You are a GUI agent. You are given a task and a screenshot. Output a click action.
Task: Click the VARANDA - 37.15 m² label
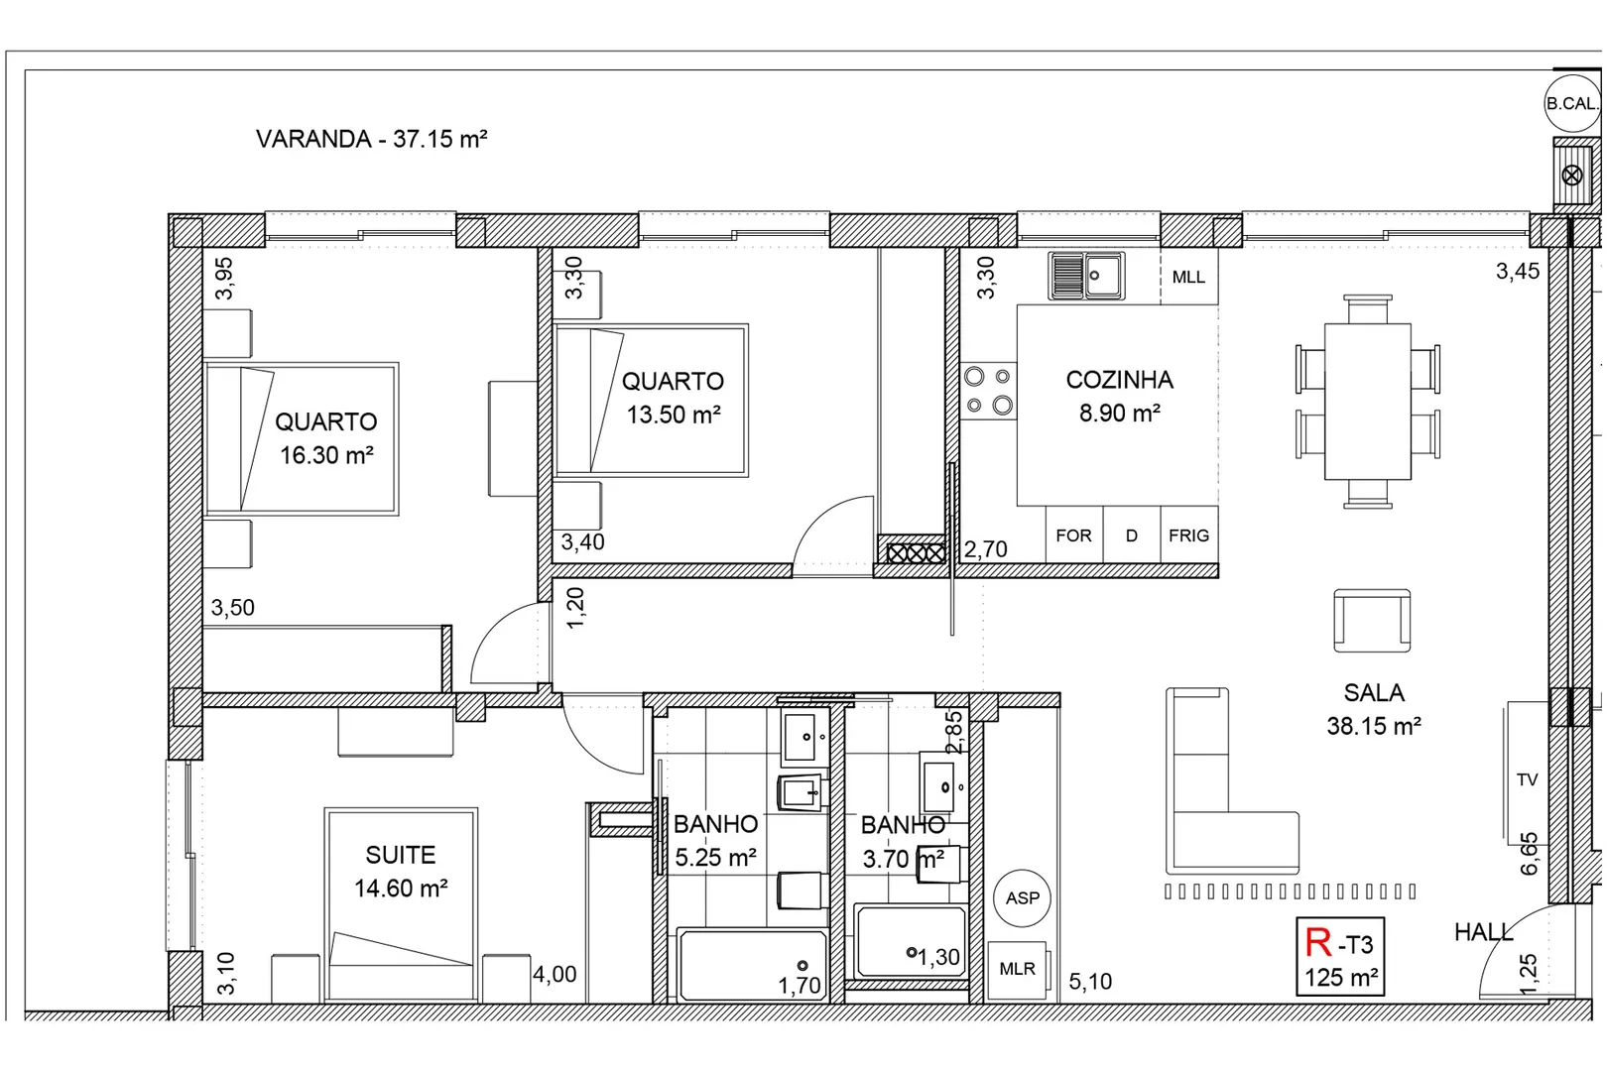tap(372, 139)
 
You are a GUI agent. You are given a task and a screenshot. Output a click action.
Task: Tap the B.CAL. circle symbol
tap(1572, 103)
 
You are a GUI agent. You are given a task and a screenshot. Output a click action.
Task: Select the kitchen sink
tap(1086, 276)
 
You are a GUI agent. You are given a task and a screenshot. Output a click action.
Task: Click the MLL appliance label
tap(1188, 277)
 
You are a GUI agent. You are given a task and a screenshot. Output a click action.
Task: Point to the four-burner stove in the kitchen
tap(989, 391)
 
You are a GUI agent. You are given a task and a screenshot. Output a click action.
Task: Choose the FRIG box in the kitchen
tap(1188, 535)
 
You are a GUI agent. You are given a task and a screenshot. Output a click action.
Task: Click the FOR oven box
tap(1074, 535)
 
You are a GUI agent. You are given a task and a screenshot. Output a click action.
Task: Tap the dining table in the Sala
tap(1367, 401)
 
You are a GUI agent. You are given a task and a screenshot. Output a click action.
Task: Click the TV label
tap(1528, 779)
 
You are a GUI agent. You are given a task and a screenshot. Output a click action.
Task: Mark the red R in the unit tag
tap(1318, 943)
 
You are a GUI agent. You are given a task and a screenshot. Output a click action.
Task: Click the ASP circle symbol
tap(1023, 897)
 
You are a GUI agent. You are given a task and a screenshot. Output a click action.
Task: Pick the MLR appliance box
tap(1017, 970)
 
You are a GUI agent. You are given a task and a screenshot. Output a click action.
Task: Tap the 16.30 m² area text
tap(326, 455)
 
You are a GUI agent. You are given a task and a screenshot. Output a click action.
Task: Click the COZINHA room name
tap(1119, 380)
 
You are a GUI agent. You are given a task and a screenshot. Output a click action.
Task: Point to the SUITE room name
tap(401, 855)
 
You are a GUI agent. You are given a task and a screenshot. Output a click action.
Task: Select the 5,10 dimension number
tap(1090, 981)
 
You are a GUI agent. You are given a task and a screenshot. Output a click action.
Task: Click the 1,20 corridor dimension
tap(575, 608)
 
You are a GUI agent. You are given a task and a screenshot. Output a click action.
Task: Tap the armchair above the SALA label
tap(1372, 621)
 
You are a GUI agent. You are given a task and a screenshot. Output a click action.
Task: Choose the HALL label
tap(1484, 932)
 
